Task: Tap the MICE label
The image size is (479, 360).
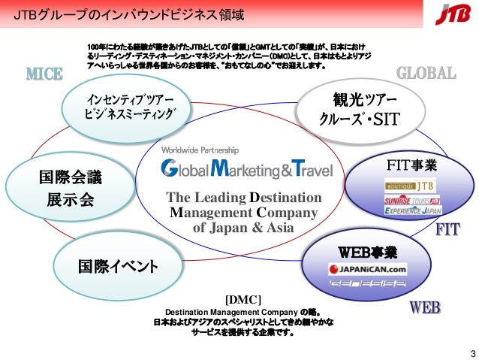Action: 44,74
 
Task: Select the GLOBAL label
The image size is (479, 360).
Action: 426,73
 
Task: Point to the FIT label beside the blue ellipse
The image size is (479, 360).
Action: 447,230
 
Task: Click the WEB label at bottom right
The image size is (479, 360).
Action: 424,308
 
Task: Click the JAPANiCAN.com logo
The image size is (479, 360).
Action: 367,268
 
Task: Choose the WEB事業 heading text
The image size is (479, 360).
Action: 367,250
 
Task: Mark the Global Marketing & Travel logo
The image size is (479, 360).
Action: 247,169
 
